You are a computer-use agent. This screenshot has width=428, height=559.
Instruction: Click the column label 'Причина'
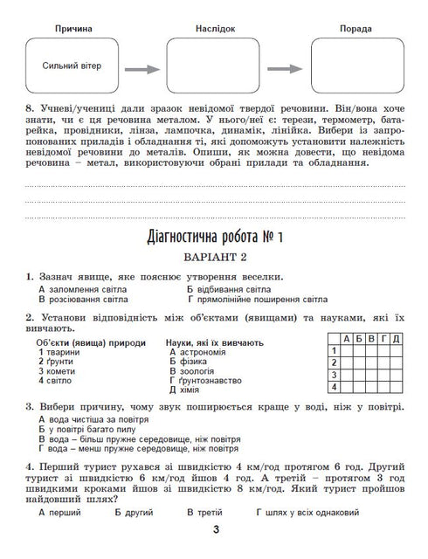pyautogui.click(x=73, y=29)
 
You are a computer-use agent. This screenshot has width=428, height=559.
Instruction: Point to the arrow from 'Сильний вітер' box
pyautogui.click(x=141, y=69)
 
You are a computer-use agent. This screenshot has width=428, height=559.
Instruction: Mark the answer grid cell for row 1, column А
pyautogui.click(x=347, y=350)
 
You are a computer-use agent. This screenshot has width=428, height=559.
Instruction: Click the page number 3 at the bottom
pyautogui.click(x=213, y=534)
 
